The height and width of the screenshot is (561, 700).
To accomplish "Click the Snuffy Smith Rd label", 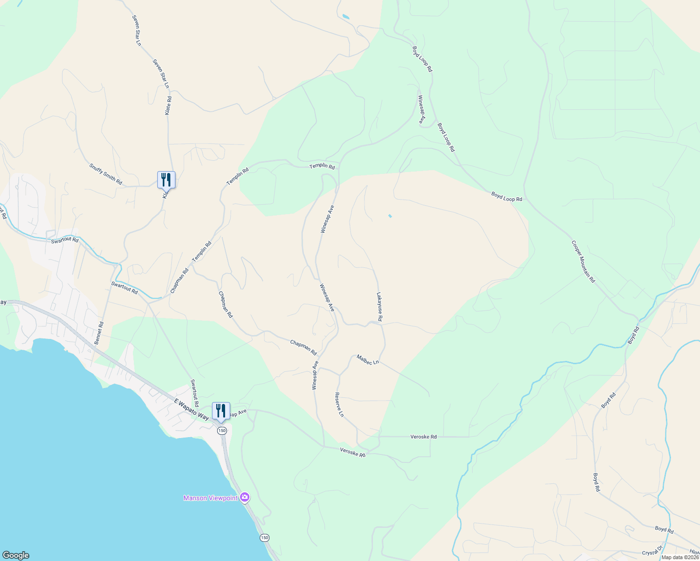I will click(106, 174).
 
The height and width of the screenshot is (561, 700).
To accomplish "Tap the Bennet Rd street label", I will click(99, 333).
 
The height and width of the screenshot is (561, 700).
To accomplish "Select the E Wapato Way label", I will click(191, 409).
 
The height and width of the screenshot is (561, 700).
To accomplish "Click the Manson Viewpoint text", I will click(211, 498).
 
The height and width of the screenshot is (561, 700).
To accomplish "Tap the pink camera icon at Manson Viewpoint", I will click(244, 497).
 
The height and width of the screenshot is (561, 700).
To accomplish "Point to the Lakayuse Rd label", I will click(379, 307).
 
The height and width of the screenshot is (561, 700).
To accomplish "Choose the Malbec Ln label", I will click(368, 360).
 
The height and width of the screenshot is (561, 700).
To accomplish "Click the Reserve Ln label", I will click(339, 405).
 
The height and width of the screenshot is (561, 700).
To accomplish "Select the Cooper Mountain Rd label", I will click(583, 262).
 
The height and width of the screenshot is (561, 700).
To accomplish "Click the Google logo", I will click(15, 555).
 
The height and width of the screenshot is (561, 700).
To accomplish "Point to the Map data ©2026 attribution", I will click(680, 557).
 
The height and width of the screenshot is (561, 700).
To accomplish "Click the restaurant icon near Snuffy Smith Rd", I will click(166, 180).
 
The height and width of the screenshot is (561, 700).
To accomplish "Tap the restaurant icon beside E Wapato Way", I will click(221, 410).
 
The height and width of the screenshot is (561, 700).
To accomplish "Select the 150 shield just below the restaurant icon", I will click(222, 431).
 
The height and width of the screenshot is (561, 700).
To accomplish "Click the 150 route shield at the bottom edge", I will click(265, 538).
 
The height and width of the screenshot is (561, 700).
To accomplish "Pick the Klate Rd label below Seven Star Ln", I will click(168, 106).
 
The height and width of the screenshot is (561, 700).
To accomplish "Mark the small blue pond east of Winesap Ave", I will click(390, 216).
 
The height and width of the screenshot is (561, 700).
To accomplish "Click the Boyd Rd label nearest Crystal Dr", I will click(664, 530).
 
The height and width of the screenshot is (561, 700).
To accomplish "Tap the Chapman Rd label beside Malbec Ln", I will click(303, 347).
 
